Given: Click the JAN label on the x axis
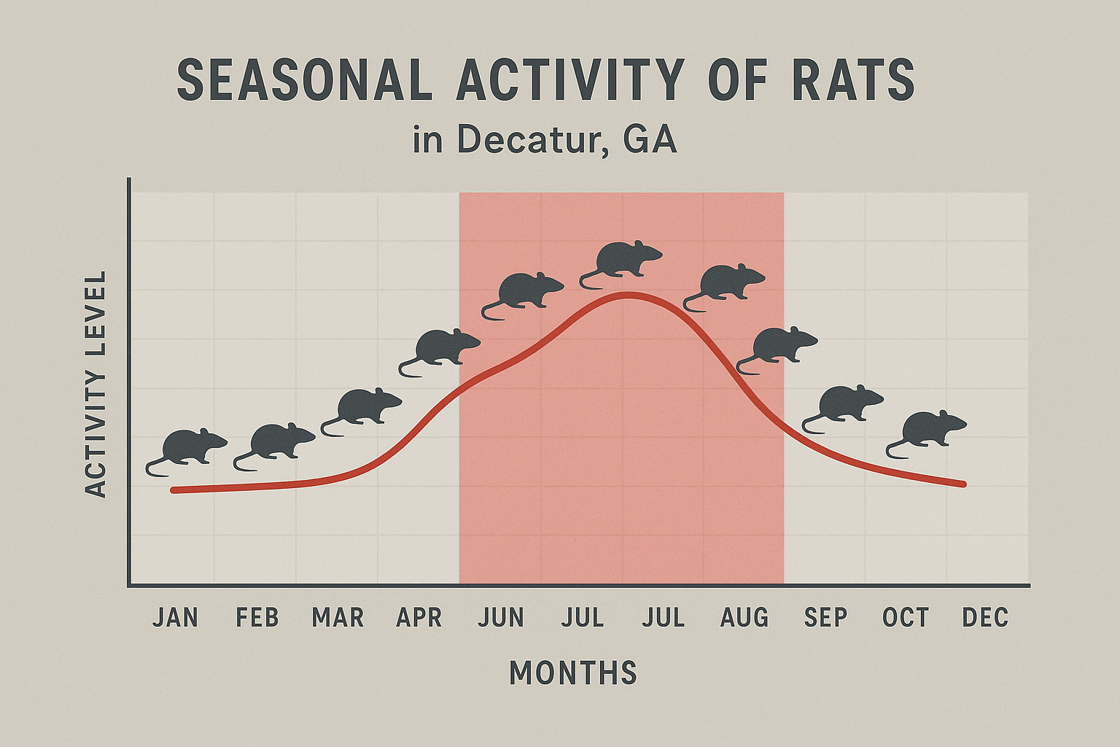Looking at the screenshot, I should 175,618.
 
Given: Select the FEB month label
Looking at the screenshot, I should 257,618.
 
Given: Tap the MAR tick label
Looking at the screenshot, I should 338,618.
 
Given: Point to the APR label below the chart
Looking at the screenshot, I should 419,618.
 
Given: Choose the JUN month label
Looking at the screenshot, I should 502,618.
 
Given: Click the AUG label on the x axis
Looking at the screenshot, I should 744,618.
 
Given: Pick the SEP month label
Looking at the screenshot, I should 825,618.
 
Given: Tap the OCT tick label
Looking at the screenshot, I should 906,618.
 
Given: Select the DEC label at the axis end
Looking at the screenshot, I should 985,618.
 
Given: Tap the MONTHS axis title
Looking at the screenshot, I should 573,673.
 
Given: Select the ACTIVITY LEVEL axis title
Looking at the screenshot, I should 96,384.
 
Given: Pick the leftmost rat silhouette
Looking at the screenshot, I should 187,448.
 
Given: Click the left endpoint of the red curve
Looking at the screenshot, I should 174,490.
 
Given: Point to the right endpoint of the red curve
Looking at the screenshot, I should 963,484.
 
